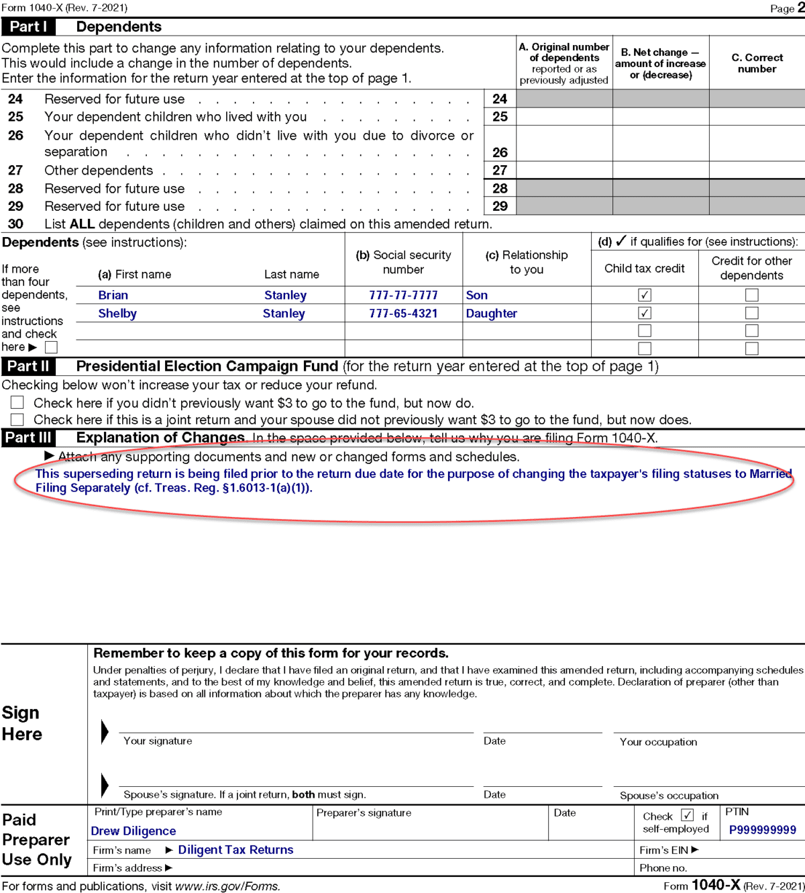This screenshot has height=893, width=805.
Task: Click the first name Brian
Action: (x=113, y=295)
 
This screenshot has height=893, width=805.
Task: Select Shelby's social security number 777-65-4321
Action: (x=403, y=314)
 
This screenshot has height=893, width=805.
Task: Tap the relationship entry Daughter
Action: (x=491, y=314)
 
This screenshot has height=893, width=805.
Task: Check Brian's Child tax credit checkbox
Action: (x=645, y=295)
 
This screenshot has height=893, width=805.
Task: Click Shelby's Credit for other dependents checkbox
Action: (x=752, y=314)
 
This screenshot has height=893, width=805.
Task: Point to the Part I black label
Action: (x=28, y=27)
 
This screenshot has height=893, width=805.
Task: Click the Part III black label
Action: (x=28, y=438)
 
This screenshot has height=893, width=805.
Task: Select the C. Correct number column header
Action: (x=757, y=63)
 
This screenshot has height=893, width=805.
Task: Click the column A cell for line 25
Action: (x=564, y=117)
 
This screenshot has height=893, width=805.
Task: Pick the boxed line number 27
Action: (x=500, y=171)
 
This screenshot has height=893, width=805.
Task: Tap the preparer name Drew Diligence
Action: (x=133, y=831)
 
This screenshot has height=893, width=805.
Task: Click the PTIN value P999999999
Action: (x=763, y=831)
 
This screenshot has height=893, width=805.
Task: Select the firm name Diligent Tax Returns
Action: (x=235, y=850)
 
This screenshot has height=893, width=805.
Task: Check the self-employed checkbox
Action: (x=687, y=816)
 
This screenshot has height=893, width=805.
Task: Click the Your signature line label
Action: (x=158, y=741)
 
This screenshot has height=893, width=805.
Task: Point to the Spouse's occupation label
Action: (x=669, y=796)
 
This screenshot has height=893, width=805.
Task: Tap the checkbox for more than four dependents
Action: (x=51, y=347)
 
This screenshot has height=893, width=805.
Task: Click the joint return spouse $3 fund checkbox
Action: (x=17, y=420)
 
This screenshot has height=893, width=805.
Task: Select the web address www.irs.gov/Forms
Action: (x=227, y=886)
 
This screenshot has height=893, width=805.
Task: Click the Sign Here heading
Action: (x=21, y=723)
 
